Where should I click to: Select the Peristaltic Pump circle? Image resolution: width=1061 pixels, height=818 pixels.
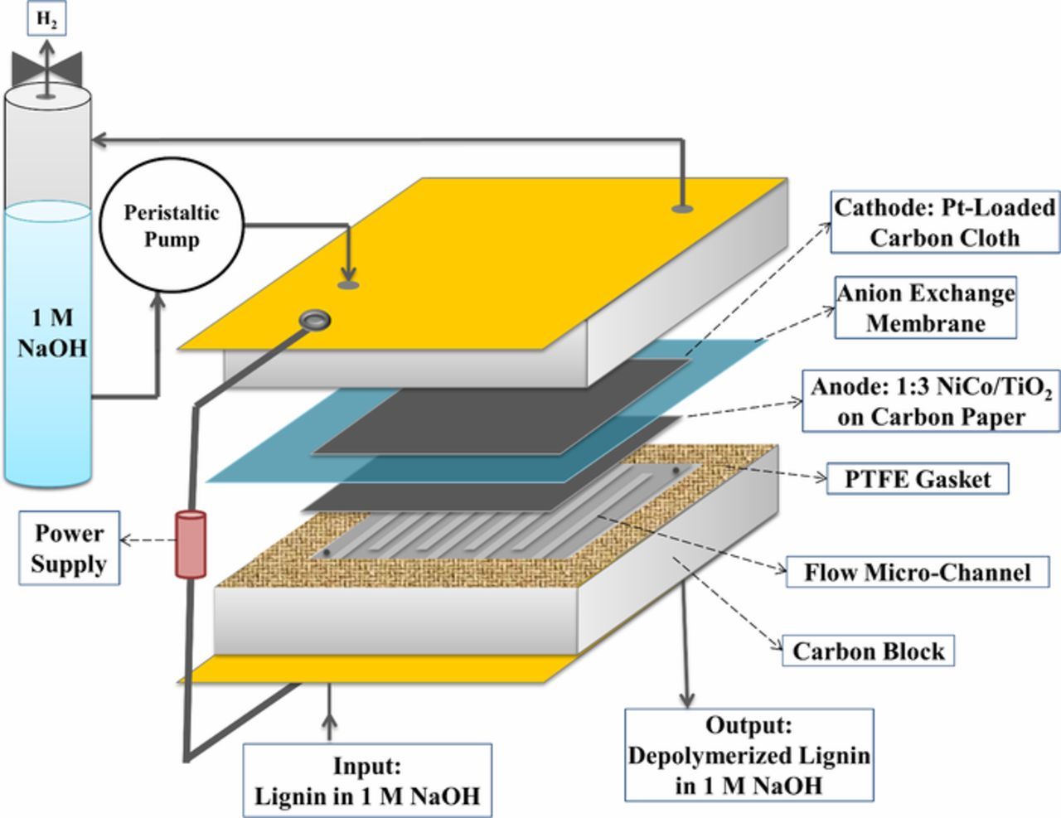pyautogui.click(x=172, y=225)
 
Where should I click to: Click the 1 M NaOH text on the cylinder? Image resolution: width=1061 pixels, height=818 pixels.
pyautogui.click(x=51, y=332)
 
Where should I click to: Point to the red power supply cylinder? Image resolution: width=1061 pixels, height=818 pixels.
pyautogui.click(x=190, y=544)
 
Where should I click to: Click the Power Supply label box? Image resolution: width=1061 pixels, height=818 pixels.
pyautogui.click(x=70, y=549)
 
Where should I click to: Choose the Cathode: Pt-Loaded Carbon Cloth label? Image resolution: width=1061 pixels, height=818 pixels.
pyautogui.click(x=944, y=222)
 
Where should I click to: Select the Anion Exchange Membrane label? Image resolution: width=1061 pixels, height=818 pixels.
pyautogui.click(x=925, y=307)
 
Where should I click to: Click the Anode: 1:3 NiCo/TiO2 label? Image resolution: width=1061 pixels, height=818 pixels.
pyautogui.click(x=931, y=401)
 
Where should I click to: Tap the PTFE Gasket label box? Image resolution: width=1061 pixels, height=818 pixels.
pyautogui.click(x=918, y=479)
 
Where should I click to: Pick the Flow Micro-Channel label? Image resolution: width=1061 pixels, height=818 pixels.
pyautogui.click(x=918, y=572)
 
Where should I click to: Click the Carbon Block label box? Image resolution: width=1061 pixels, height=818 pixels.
pyautogui.click(x=868, y=651)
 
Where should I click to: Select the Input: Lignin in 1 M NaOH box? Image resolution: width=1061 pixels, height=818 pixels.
pyautogui.click(x=366, y=781)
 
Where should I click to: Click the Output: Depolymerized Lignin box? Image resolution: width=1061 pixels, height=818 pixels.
pyautogui.click(x=749, y=754)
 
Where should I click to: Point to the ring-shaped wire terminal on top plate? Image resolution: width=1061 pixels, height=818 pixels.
pyautogui.click(x=315, y=319)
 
